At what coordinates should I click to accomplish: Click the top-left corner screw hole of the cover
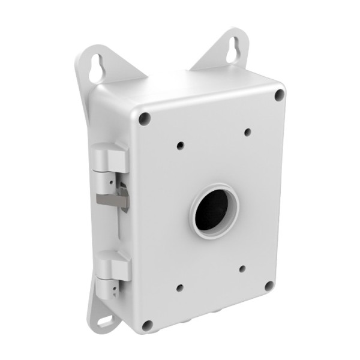click(x=144, y=118)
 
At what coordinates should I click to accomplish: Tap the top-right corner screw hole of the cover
click(x=279, y=94)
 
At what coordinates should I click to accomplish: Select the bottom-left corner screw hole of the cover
click(x=147, y=326)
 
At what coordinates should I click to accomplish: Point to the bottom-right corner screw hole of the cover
click(x=269, y=286)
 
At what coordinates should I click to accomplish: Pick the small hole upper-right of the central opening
click(x=247, y=132)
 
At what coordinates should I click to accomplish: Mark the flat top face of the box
click(x=198, y=84)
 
